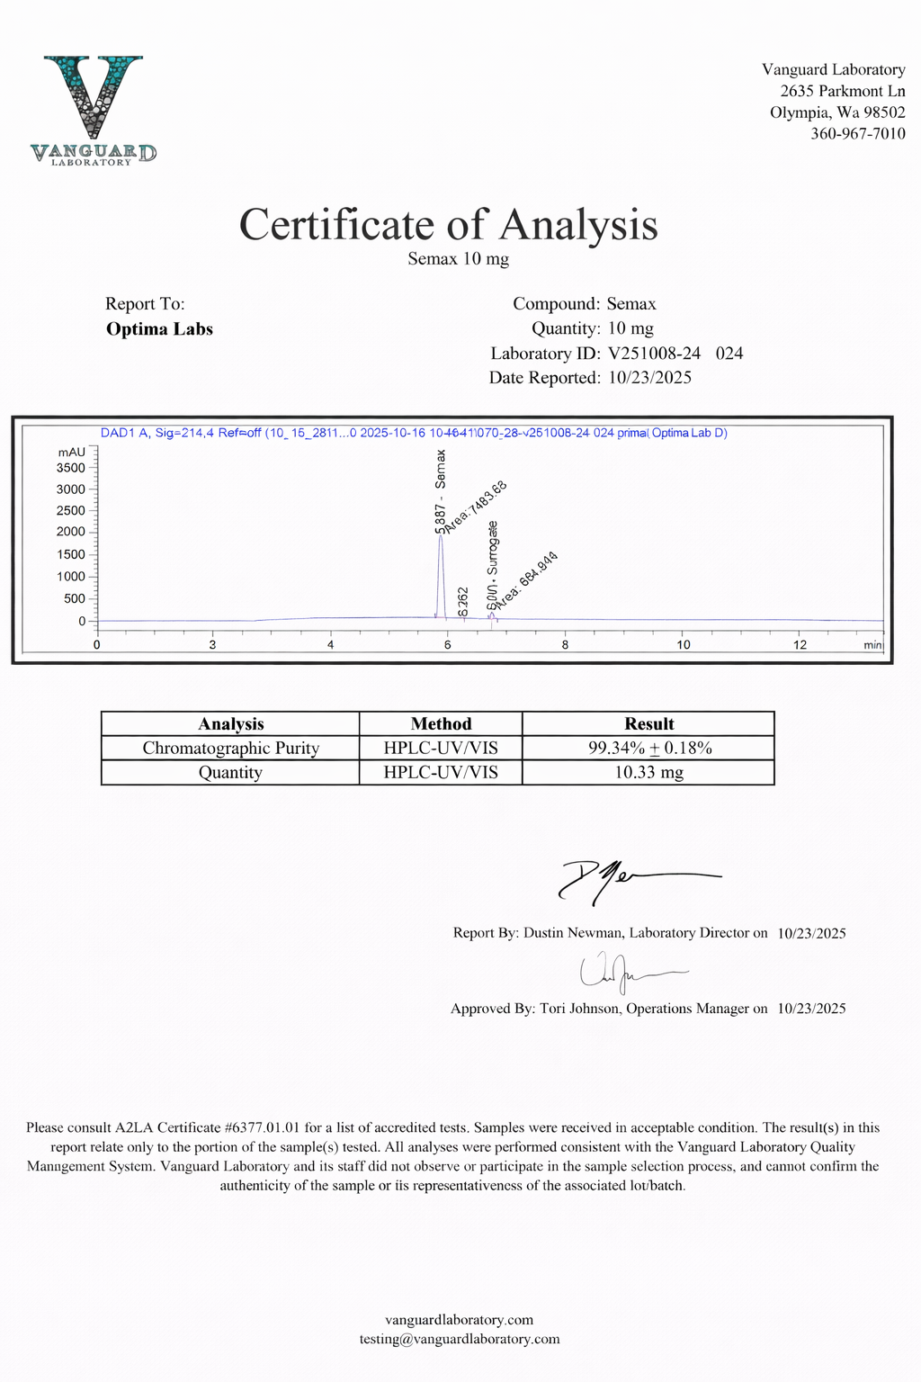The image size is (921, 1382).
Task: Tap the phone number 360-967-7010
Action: pyautogui.click(x=857, y=134)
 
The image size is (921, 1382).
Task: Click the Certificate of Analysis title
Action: pyautogui.click(x=448, y=225)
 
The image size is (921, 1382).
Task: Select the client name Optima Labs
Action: pyautogui.click(x=159, y=329)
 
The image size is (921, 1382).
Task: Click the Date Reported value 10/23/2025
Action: pyautogui.click(x=649, y=378)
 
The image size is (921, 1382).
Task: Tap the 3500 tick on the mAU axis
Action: pyautogui.click(x=71, y=468)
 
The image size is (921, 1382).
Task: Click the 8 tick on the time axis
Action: pyautogui.click(x=565, y=644)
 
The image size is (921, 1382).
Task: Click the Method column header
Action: pyautogui.click(x=441, y=724)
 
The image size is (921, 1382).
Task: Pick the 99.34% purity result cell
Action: pyautogui.click(x=648, y=749)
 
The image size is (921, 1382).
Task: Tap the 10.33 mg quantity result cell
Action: pyautogui.click(x=648, y=773)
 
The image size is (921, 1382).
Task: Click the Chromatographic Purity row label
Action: pyautogui.click(x=230, y=749)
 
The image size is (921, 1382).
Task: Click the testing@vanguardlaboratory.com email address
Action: pyautogui.click(x=460, y=1339)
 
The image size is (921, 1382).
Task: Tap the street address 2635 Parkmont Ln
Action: pyautogui.click(x=842, y=91)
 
